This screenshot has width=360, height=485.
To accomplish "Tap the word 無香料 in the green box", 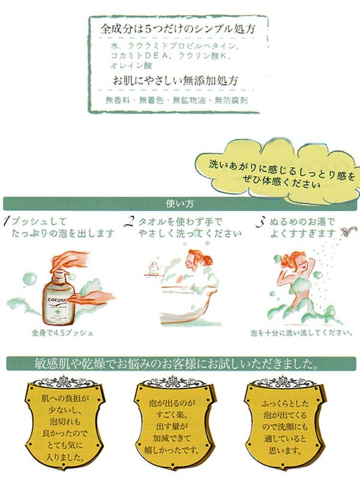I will (x=116, y=101).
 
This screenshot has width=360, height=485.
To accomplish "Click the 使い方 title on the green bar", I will (x=180, y=203).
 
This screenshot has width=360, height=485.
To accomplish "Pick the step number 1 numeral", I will (x=6, y=221).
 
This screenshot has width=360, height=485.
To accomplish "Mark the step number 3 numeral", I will (x=260, y=221).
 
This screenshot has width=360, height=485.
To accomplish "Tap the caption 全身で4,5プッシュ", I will (x=59, y=332).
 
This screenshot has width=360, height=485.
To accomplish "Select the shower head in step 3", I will (x=344, y=233).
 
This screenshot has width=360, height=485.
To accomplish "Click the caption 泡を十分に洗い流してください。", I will (x=302, y=332).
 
